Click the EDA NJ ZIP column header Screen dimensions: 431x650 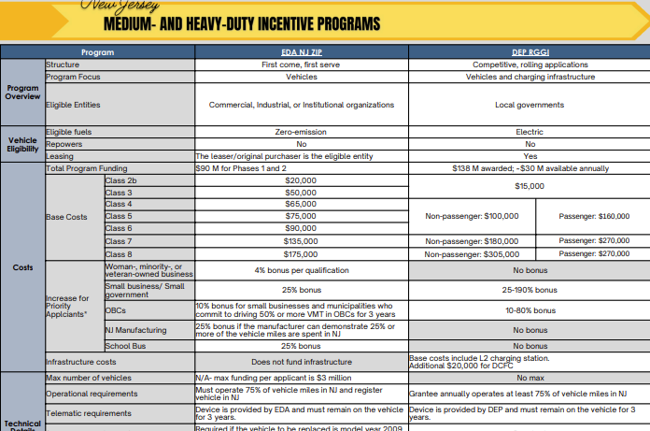[x=301, y=52]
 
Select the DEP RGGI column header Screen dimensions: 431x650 [x=530, y=52]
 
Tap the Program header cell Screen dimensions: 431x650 [x=97, y=52]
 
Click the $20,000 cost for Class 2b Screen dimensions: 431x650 [x=301, y=180]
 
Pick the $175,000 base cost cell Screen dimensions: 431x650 [x=301, y=253]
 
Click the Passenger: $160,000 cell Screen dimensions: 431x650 [x=593, y=216]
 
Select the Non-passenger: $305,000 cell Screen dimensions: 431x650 [x=472, y=253]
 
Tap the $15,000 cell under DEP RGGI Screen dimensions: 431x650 [x=530, y=186]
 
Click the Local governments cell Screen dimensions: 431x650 [x=530, y=105]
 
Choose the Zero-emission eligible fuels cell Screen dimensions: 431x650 [x=301, y=132]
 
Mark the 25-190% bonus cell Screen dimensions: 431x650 [x=530, y=290]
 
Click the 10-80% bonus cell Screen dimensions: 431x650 [x=530, y=309]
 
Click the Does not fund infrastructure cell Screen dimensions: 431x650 [x=301, y=361]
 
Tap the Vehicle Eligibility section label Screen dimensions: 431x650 [x=22, y=144]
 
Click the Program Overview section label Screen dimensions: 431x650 [x=22, y=92]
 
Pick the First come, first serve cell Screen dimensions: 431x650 [x=301, y=65]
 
